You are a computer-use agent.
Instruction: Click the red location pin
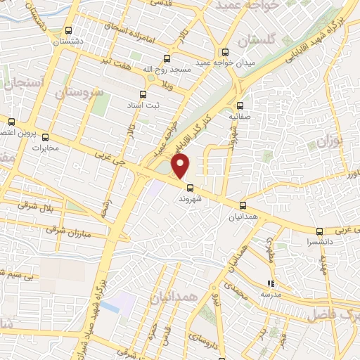(x=181, y=166)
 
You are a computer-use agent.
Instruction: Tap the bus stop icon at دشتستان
(x=68, y=30)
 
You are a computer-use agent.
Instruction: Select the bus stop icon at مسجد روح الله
(x=167, y=58)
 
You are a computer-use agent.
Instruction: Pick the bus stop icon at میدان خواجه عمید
(x=225, y=51)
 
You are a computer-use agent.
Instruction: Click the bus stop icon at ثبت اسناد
(x=143, y=94)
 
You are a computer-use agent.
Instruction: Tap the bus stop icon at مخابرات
(x=46, y=137)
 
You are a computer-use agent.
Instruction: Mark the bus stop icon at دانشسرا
(x=319, y=231)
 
